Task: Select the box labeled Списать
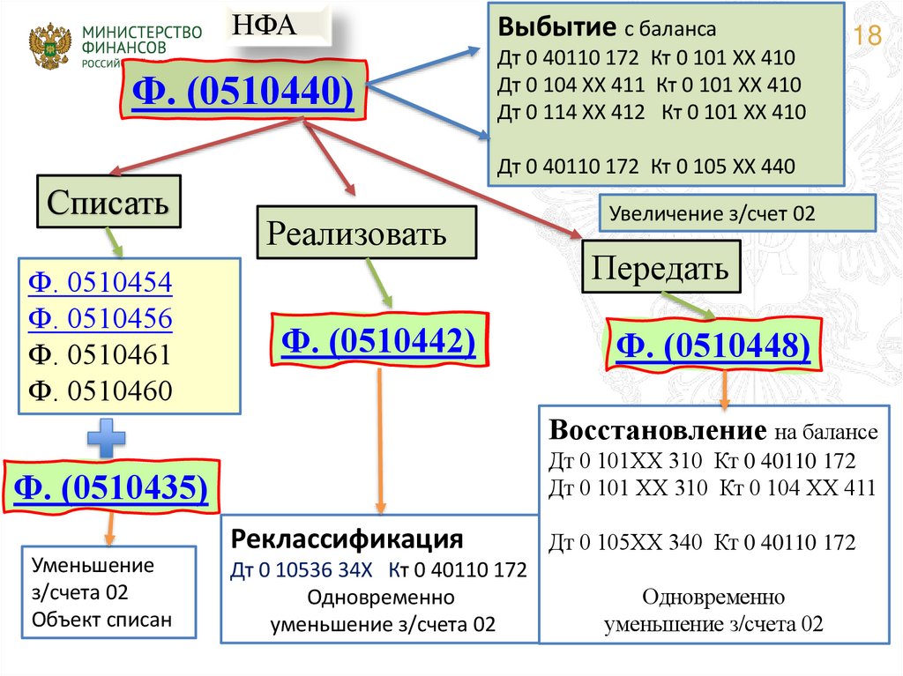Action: [108, 204]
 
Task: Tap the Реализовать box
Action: [357, 234]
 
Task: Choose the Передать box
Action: [660, 267]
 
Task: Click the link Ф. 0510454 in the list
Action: [100, 284]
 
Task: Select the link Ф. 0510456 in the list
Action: [100, 318]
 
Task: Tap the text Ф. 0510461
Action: [100, 354]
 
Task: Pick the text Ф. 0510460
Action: [100, 390]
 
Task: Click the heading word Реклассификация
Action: [347, 539]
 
